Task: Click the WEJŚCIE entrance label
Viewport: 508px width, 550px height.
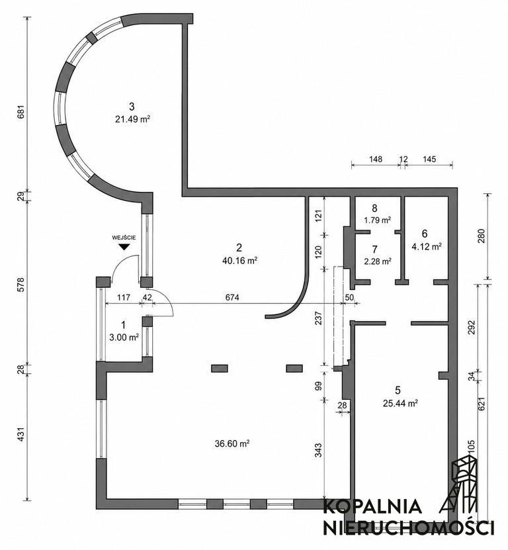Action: pos(124,238)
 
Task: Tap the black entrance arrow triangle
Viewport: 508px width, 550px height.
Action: pos(124,247)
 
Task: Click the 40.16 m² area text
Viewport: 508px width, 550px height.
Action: pos(240,261)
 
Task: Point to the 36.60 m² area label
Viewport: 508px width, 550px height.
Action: pos(232,443)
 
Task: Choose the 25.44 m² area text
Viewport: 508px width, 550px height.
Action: pos(400,403)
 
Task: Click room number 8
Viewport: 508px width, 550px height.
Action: pos(374,208)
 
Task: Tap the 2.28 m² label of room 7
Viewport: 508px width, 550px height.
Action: pos(377,261)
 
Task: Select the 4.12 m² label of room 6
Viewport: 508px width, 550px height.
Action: pos(427,247)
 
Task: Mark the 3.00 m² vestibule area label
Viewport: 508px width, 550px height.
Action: pos(124,337)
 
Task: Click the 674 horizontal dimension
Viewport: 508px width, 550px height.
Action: pos(232,297)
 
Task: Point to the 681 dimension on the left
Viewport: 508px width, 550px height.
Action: pos(21,112)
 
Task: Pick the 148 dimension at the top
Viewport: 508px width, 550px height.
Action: pos(376,160)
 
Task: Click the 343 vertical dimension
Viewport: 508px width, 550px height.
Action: pos(318,450)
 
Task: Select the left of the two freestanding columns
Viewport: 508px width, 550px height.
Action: pos(220,368)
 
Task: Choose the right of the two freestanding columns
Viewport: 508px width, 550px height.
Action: pos(294,368)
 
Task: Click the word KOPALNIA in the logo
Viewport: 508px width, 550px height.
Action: pos(372,507)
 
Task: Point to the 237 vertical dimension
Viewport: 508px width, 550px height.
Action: pos(318,318)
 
